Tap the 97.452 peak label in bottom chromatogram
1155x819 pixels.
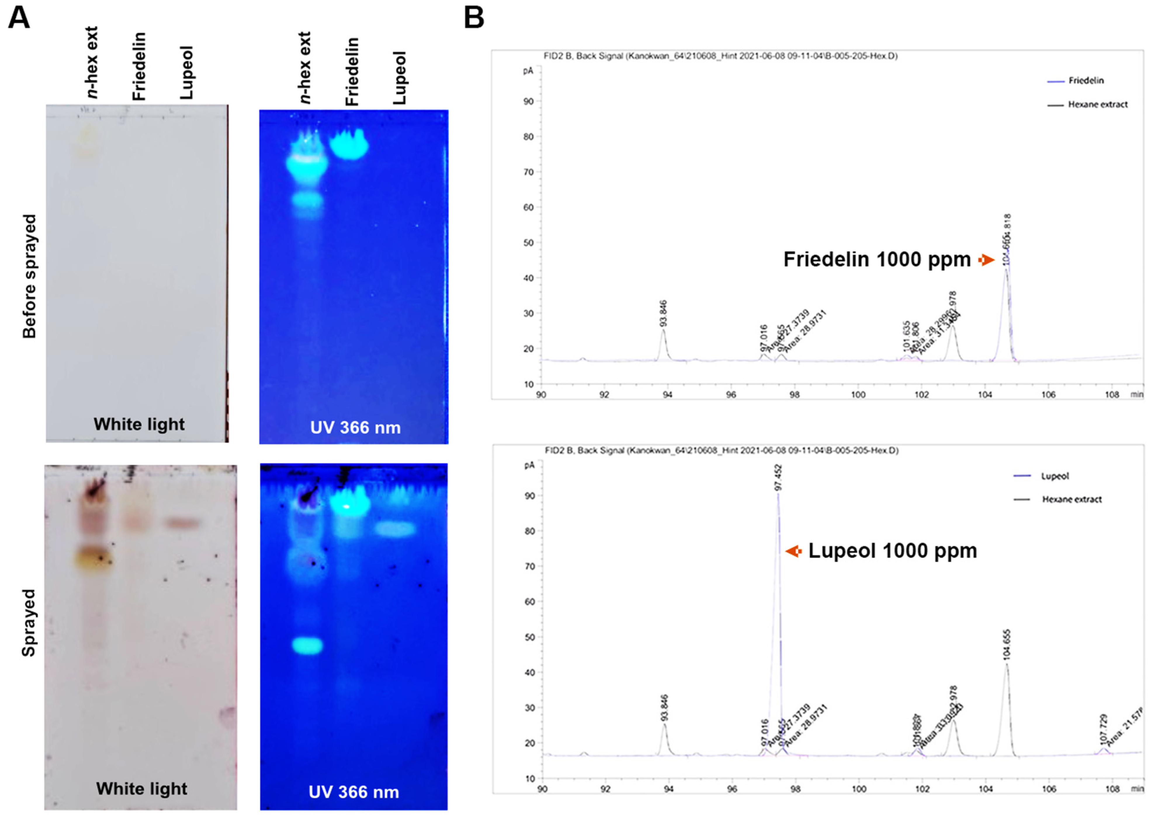pos(778,478)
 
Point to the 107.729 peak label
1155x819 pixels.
pos(1103,729)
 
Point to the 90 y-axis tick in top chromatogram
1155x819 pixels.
pos(528,101)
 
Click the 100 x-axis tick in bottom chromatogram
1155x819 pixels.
pos(859,789)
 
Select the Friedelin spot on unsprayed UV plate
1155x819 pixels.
pos(349,145)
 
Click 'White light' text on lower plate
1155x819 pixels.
pos(141,788)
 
